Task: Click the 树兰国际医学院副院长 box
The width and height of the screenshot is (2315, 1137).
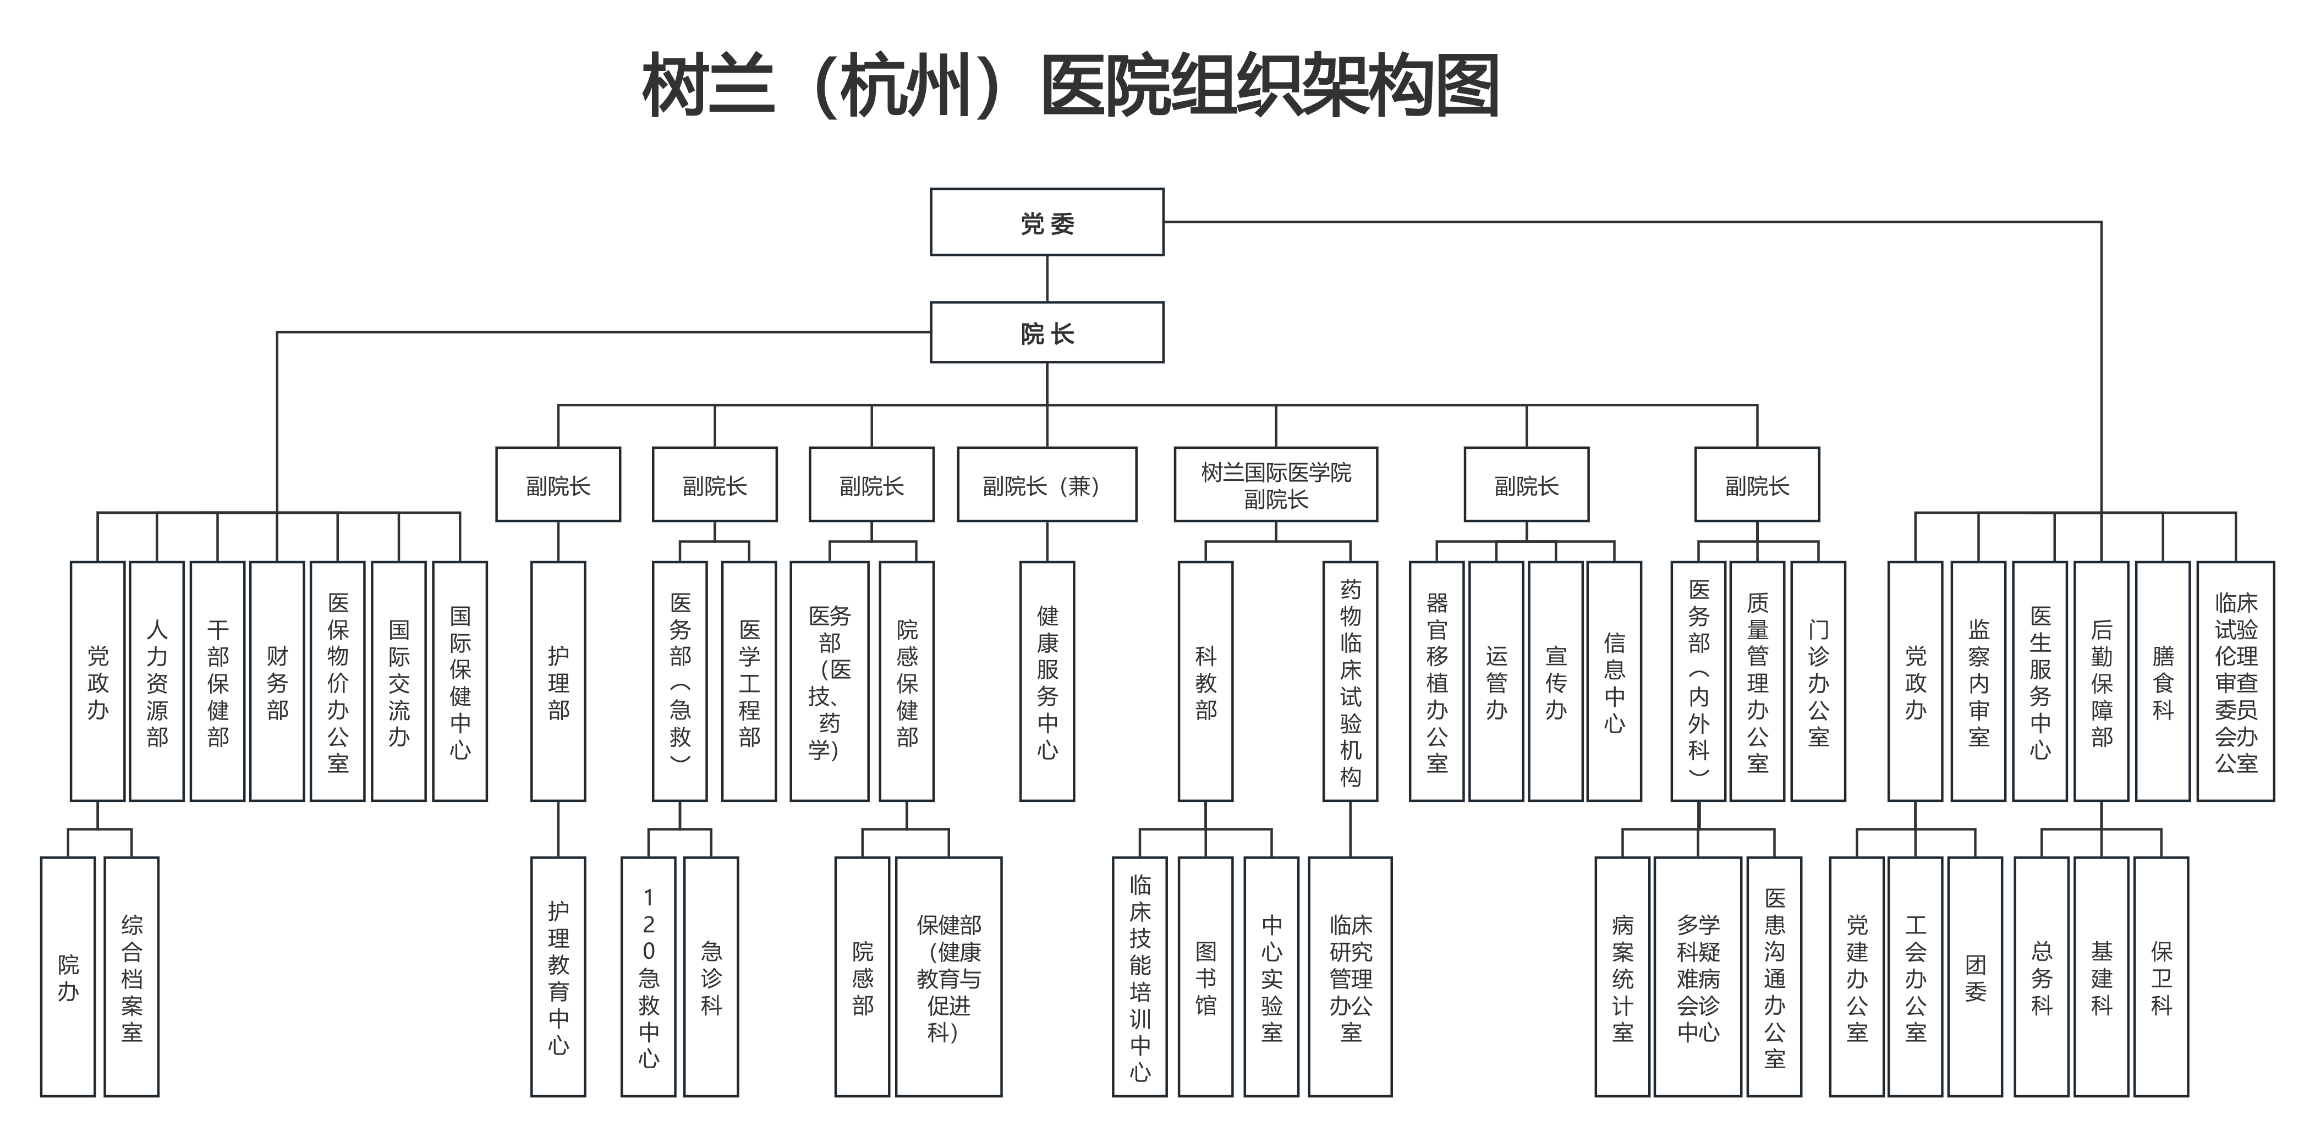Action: pyautogui.click(x=1275, y=485)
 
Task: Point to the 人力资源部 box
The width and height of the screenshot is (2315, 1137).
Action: pyautogui.click(x=157, y=682)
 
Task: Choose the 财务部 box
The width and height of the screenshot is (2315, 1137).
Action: pyautogui.click(x=277, y=682)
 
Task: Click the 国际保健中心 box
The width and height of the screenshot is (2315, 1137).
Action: pyautogui.click(x=459, y=682)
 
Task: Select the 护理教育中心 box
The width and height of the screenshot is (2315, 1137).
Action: pyautogui.click(x=558, y=976)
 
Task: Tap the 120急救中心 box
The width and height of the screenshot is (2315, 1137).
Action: pyautogui.click(x=648, y=976)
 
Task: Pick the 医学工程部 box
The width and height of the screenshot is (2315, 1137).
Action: pyautogui.click(x=749, y=682)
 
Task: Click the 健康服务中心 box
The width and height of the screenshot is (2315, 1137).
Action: pyautogui.click(x=1047, y=682)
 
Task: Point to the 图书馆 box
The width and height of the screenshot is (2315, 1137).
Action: pyautogui.click(x=1205, y=976)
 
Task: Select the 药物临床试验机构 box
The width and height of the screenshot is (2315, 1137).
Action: pyautogui.click(x=1350, y=682)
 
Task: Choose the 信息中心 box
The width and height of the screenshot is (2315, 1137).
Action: pyautogui.click(x=1614, y=682)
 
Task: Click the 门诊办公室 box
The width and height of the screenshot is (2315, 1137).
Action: pyautogui.click(x=1818, y=682)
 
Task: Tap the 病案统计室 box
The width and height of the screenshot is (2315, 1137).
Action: pyautogui.click(x=1622, y=976)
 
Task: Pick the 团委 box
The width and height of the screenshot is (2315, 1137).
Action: pyautogui.click(x=1974, y=976)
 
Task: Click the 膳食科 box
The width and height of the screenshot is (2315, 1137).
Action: pyautogui.click(x=2162, y=682)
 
